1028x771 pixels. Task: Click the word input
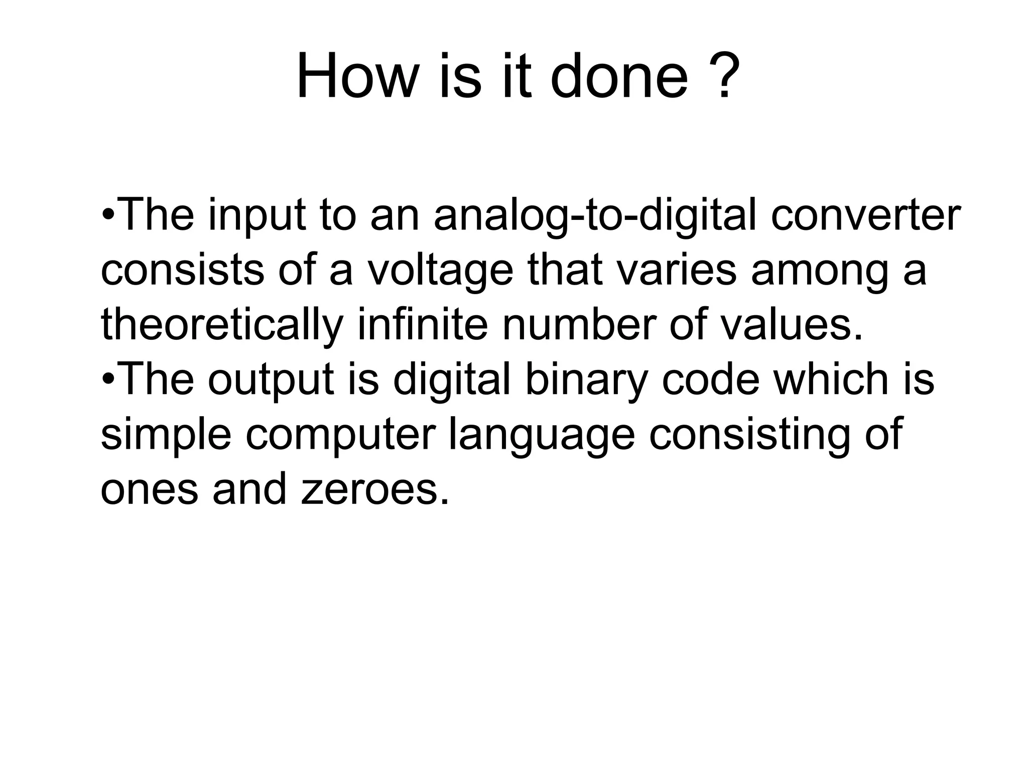(256, 216)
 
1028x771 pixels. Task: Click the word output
(271, 380)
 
